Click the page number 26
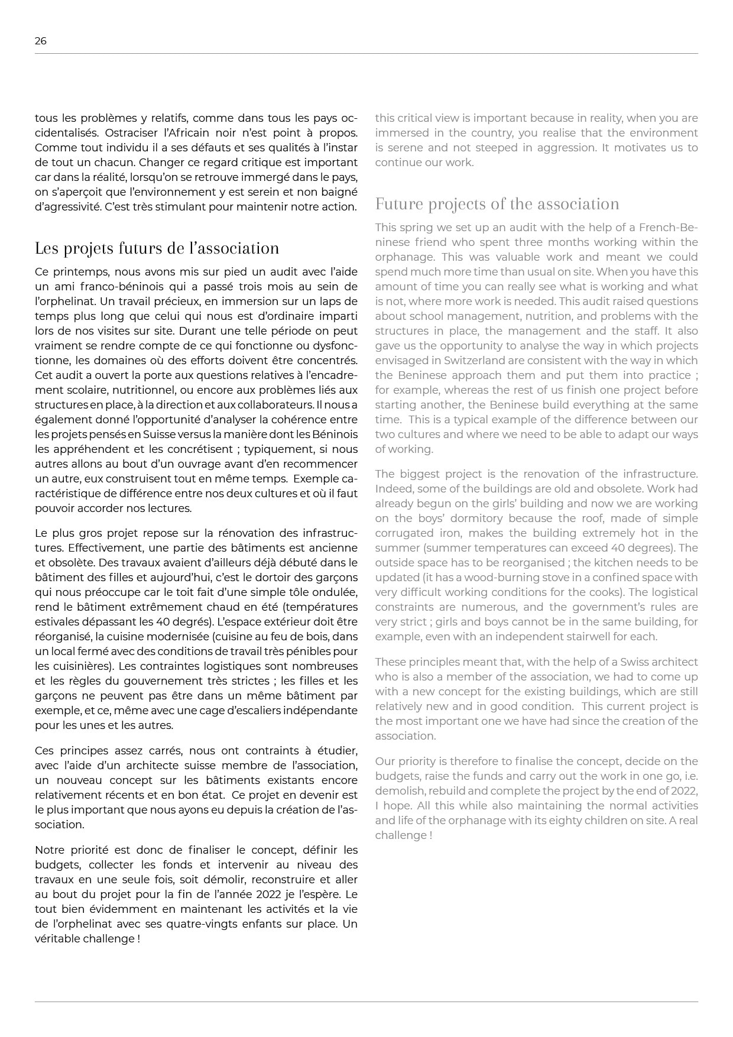40,41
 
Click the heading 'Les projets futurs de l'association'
157,248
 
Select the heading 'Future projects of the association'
497,204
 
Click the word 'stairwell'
598,637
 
